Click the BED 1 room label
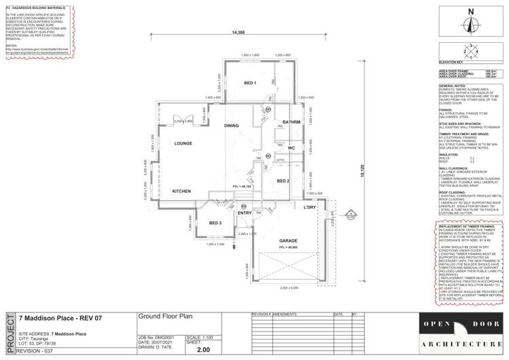pyautogui.click(x=250, y=83)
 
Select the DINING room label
pyautogui.click(x=232, y=126)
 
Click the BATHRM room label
pyautogui.click(x=292, y=122)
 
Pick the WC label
pyautogui.click(x=291, y=147)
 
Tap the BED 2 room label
pyautogui.click(x=283, y=181)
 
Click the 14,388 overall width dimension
pyautogui.click(x=239, y=33)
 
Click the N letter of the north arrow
pyautogui.click(x=470, y=12)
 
